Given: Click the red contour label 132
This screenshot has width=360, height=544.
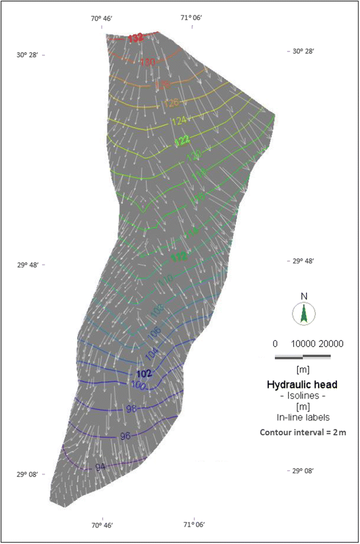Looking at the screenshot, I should coord(136,38).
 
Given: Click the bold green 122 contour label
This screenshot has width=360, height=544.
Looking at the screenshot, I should coord(183,140).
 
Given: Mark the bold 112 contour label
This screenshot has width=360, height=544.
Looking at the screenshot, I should coord(178,257).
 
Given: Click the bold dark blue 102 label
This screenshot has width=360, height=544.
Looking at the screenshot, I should coord(144,374).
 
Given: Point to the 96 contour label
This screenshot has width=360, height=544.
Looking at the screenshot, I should coord(125,436).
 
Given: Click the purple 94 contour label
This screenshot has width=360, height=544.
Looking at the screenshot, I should coord(100,467).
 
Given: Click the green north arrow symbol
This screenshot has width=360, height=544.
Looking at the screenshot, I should coord(303,313).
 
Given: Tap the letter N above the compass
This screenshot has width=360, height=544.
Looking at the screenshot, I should coord(303,296).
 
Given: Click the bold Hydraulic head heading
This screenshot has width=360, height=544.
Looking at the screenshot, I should coord(303,384).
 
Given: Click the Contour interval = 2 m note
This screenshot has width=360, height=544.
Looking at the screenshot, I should coord(303,432).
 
